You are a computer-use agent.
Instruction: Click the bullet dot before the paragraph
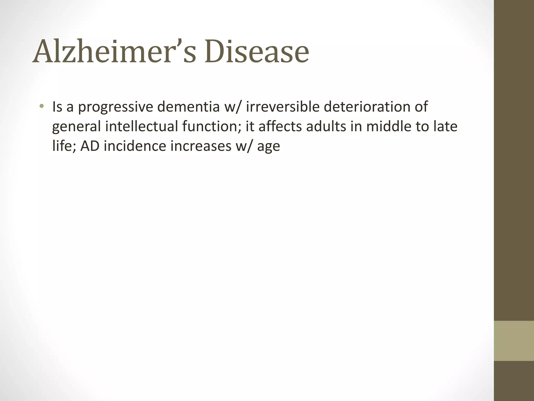(x=41, y=106)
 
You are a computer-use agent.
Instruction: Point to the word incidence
(x=135, y=146)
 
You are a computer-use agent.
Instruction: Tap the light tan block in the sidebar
(x=514, y=341)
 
